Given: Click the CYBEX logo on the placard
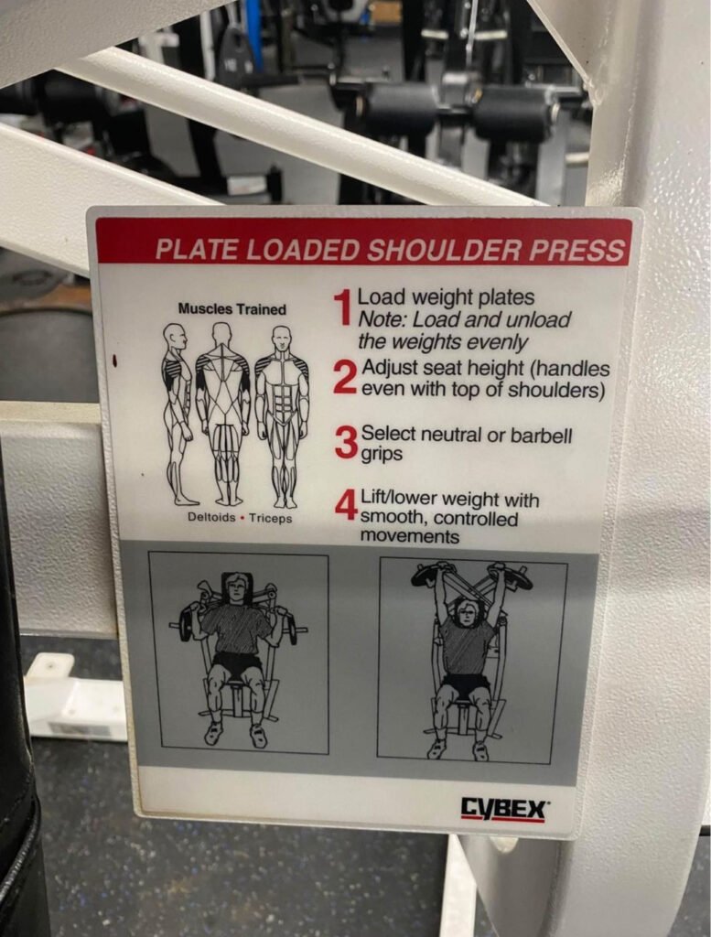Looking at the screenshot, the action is [x=502, y=810].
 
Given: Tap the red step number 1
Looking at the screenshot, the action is [x=343, y=307].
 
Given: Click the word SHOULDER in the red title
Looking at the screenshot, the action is [x=444, y=251].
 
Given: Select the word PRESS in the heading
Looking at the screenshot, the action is [x=576, y=251].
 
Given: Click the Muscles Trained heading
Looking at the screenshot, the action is [x=232, y=309].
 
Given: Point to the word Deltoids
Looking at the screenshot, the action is [x=211, y=517].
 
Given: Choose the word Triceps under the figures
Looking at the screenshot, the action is [x=271, y=518].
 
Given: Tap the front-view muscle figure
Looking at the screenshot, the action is [x=282, y=416].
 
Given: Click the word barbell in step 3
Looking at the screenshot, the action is [x=542, y=436].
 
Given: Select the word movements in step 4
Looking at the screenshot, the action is [x=410, y=536].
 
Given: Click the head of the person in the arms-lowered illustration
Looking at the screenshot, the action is [x=237, y=590].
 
